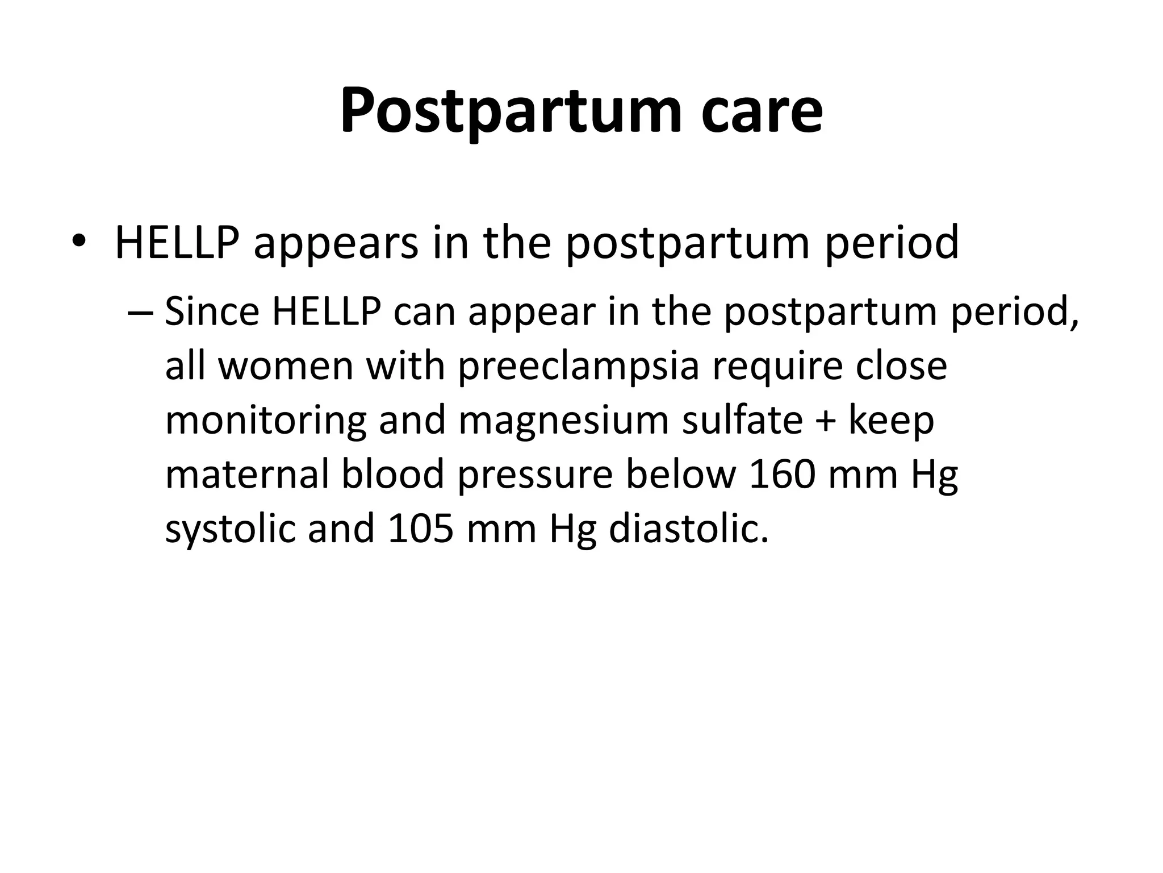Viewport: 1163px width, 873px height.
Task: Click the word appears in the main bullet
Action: click(x=336, y=243)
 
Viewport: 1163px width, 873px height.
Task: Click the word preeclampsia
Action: click(x=578, y=367)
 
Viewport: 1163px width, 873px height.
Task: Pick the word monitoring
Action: click(x=266, y=421)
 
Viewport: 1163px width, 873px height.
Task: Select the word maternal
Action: click(x=247, y=474)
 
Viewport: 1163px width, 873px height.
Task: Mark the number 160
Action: click(x=783, y=474)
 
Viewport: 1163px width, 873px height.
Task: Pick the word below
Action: click(x=681, y=474)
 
